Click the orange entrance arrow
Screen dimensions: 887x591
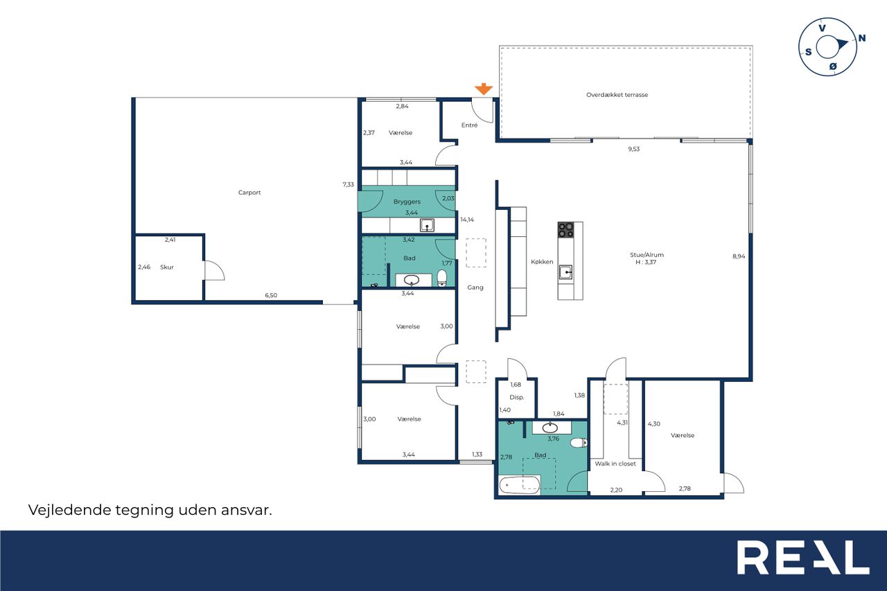484,89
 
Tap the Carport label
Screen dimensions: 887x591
249,193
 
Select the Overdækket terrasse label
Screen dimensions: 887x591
617,95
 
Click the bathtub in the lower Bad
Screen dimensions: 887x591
519,484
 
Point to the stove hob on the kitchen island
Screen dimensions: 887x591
565,230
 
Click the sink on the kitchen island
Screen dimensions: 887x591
565,272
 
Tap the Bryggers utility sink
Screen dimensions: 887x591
427,225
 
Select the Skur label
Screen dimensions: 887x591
167,267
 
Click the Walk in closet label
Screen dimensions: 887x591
615,464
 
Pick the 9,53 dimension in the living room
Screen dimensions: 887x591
633,149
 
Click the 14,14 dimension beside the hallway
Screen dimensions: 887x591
467,220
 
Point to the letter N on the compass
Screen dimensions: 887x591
861,38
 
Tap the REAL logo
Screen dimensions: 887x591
803,557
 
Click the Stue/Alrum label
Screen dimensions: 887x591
647,255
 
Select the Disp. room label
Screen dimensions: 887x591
517,397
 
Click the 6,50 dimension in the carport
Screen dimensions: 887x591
271,295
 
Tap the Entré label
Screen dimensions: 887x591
469,125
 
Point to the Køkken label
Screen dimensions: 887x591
542,262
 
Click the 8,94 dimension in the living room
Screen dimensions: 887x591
739,256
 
